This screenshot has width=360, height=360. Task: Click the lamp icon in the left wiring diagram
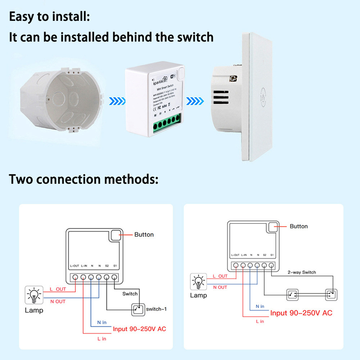point(34,296)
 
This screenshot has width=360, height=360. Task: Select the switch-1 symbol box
point(136,309)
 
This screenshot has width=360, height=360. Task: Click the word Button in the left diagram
point(144,235)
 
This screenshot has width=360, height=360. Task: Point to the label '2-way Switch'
point(302,272)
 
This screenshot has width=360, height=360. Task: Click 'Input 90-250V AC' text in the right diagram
point(301,313)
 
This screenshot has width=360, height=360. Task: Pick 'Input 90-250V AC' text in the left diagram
point(139,329)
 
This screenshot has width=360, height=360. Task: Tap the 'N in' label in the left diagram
point(102,323)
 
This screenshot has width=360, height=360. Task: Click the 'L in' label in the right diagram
point(260,321)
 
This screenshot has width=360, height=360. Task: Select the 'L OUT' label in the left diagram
point(58,289)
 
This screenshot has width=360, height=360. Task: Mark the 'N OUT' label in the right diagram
point(220,287)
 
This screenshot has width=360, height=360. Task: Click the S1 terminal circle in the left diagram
point(114,278)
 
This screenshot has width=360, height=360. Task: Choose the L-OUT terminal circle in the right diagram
point(235,266)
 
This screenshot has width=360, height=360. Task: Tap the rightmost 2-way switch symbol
point(330,295)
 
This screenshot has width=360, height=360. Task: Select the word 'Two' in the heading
point(21,179)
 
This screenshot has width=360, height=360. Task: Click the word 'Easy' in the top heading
point(23,17)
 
